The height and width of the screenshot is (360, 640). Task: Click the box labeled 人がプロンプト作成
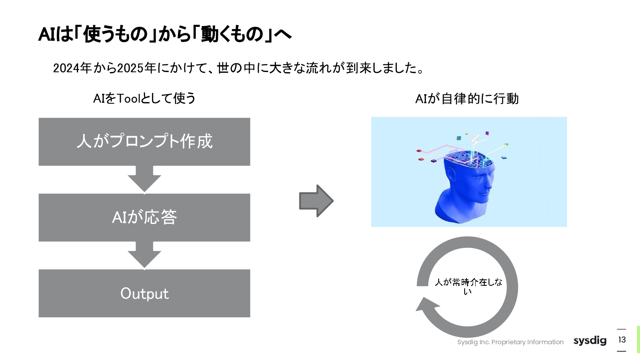tap(144, 142)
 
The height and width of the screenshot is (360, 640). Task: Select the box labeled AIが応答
tap(144, 218)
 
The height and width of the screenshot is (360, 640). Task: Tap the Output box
tap(144, 293)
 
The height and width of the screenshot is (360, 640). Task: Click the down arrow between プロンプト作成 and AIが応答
tap(144, 179)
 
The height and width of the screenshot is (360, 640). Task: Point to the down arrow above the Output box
tap(144, 255)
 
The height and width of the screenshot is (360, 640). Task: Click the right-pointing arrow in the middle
tap(316, 201)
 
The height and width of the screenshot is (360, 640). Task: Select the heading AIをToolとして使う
tap(144, 99)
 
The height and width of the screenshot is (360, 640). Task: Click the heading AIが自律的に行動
tap(467, 99)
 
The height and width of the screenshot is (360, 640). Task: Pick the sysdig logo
tap(590, 340)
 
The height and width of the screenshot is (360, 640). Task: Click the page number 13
tap(622, 340)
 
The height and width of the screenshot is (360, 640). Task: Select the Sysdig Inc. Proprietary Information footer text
tap(510, 342)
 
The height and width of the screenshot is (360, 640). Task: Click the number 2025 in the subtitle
tap(130, 68)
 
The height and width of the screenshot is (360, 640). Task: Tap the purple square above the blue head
tap(487, 134)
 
